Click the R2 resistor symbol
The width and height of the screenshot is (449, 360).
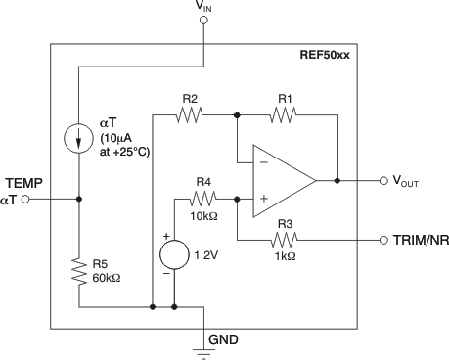point(188,114)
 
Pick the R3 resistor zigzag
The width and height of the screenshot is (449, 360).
point(286,239)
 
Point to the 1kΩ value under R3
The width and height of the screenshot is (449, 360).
point(285,255)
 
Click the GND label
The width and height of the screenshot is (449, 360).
point(221,339)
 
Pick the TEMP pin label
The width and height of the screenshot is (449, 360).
point(22,183)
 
